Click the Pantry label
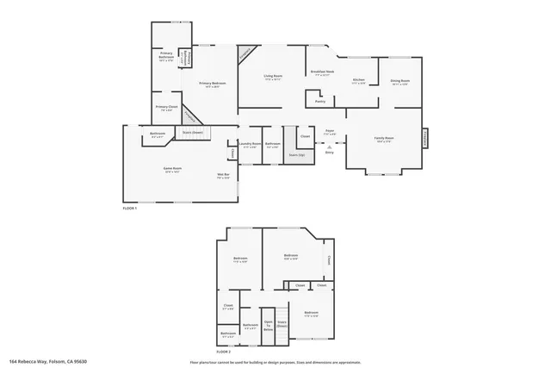[319, 102]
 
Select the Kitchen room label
[359, 81]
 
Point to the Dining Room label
[400, 82]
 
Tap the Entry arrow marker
[329, 147]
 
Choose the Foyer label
[329, 133]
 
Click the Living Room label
[273, 77]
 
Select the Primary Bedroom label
[210, 84]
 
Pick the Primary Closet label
[164, 107]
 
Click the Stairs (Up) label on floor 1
[296, 155]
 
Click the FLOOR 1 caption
[130, 208]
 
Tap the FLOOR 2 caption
[224, 352]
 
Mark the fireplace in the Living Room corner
[246, 53]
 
